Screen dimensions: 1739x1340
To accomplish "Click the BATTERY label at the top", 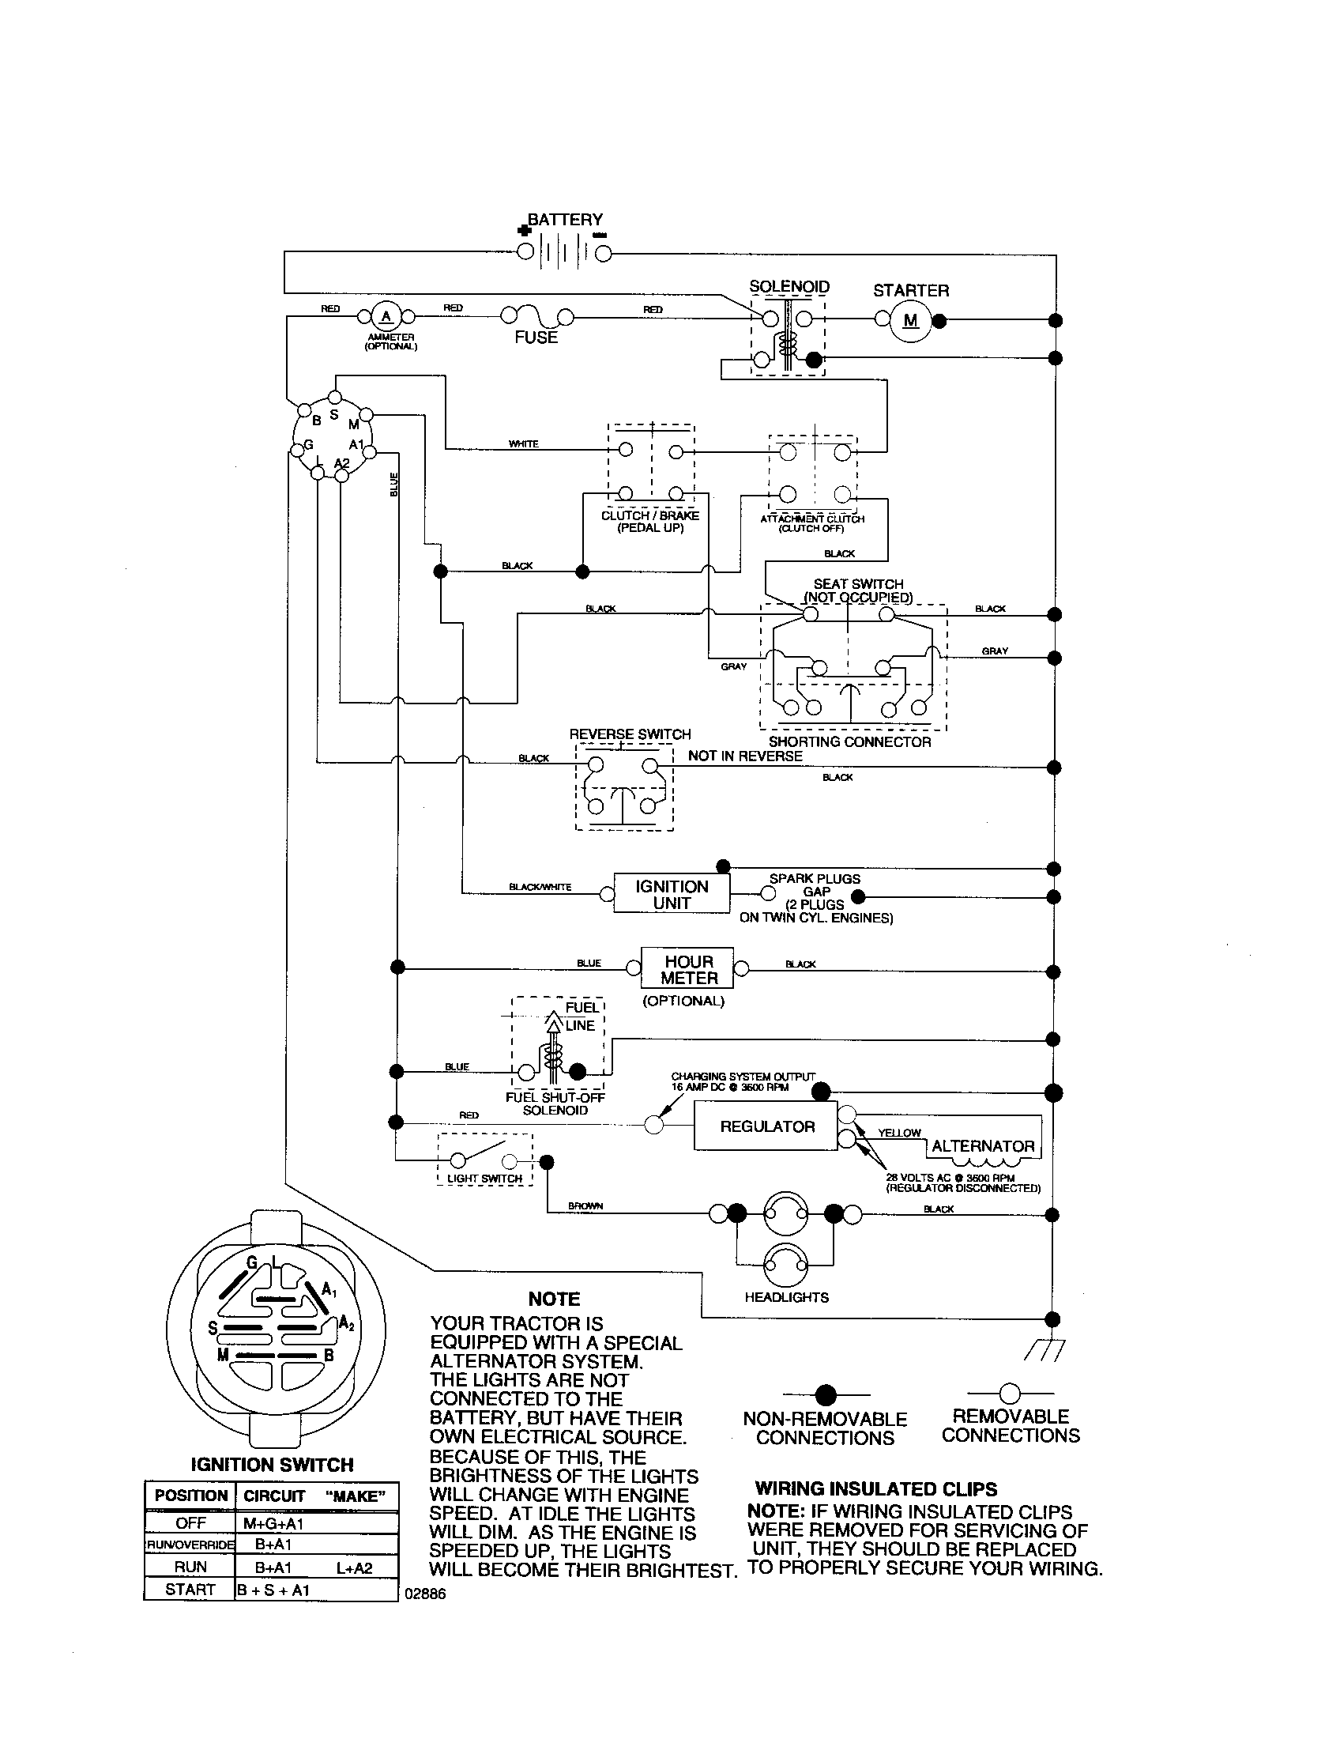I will click(565, 219).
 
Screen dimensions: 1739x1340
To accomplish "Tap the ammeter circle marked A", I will click(386, 316).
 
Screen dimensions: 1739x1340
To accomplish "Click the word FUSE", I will click(536, 338).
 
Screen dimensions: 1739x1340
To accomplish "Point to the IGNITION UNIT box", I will click(671, 895).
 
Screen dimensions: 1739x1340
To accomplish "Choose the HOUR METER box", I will click(688, 969).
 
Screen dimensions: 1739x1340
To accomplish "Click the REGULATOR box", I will click(766, 1126).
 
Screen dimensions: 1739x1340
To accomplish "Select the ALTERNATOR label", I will click(983, 1146).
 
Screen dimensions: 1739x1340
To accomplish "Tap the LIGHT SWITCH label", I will click(484, 1179).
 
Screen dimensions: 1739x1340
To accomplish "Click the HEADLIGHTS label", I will click(786, 1297).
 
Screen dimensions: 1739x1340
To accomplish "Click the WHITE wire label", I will click(524, 443).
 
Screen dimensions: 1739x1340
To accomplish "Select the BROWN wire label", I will click(585, 1205).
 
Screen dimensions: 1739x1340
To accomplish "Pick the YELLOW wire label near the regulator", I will click(899, 1132).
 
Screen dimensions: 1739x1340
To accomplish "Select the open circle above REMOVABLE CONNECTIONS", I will click(1010, 1393).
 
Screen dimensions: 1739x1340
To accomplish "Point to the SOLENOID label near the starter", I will click(789, 287).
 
